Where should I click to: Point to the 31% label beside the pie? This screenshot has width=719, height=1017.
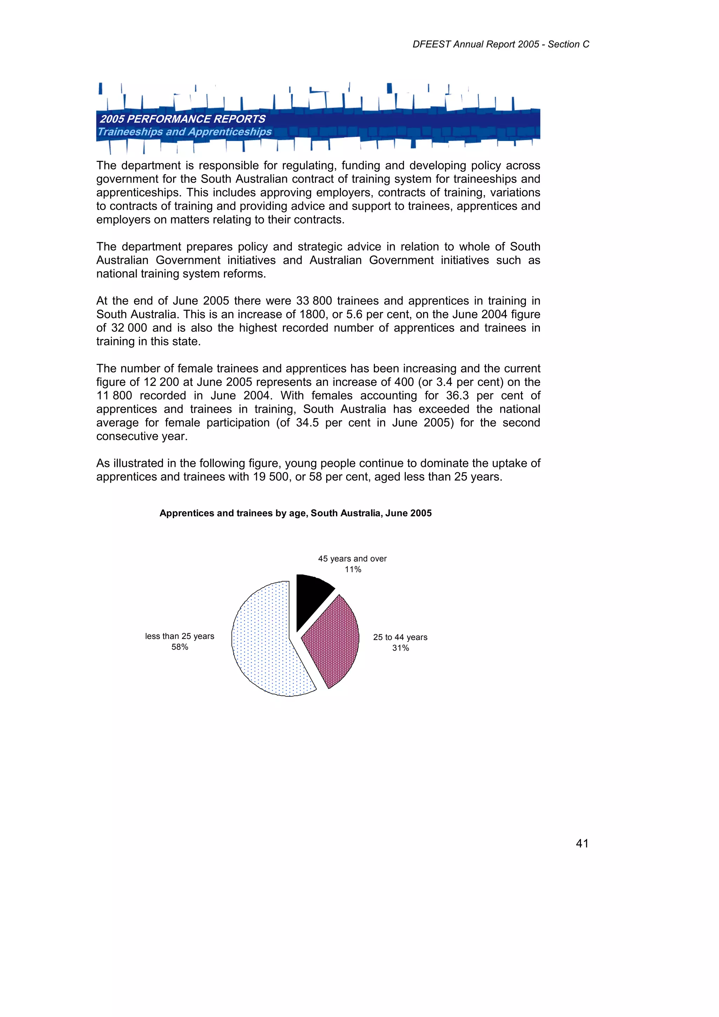click(401, 648)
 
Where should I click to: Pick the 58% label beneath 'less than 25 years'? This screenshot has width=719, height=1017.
click(180, 647)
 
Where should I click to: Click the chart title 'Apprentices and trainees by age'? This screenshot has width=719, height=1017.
click(296, 513)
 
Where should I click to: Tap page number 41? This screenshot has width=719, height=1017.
click(582, 843)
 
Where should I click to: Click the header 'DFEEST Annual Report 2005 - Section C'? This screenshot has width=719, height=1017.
click(501, 44)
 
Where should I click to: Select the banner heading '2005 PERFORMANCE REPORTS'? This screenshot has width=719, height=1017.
click(183, 119)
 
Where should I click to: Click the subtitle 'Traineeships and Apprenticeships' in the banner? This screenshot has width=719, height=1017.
click(184, 132)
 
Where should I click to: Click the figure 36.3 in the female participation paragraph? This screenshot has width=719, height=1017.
click(457, 396)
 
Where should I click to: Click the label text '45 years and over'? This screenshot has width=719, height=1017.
click(352, 559)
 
